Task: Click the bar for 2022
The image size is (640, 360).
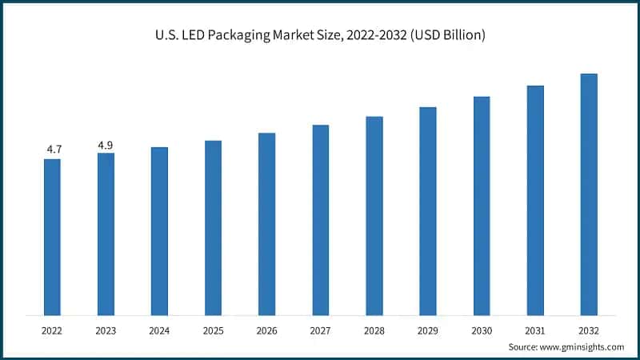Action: tap(52, 237)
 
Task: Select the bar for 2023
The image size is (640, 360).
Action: tap(106, 234)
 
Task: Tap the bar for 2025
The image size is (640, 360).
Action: tap(213, 228)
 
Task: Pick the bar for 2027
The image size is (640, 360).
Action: tap(321, 220)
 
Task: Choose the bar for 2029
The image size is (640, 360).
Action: tap(428, 211)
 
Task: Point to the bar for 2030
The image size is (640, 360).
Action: tap(482, 206)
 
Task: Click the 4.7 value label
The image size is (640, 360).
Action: tap(52, 149)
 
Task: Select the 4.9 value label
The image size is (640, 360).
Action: tap(106, 145)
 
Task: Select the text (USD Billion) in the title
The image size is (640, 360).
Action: tap(446, 36)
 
